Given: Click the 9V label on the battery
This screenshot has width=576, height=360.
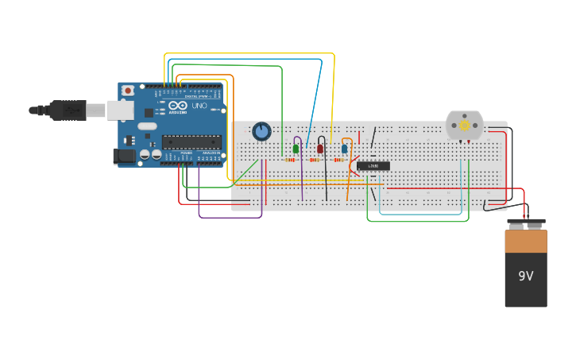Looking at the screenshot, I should (x=525, y=277).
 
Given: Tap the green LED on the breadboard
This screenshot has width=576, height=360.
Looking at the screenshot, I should (x=296, y=149).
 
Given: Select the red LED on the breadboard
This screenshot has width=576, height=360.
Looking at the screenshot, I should (x=320, y=149).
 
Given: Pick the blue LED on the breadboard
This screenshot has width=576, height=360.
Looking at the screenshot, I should (x=344, y=149).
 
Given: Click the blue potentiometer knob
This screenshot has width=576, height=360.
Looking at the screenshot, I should (x=261, y=131).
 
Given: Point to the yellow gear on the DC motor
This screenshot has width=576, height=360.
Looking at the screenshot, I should (x=465, y=126).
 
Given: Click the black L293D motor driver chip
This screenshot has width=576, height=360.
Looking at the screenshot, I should (x=373, y=166).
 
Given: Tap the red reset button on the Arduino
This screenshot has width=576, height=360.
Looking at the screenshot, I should (x=127, y=91).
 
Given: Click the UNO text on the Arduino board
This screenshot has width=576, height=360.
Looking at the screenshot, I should (x=199, y=106).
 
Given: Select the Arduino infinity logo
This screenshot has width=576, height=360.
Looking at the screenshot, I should (x=178, y=106).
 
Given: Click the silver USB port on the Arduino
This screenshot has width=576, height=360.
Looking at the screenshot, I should (x=120, y=110).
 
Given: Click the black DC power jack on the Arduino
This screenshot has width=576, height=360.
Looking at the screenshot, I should (x=125, y=156).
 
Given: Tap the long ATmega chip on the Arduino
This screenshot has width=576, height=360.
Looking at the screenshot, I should (x=191, y=141).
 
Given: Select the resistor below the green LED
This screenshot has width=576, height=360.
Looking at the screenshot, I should (x=290, y=160).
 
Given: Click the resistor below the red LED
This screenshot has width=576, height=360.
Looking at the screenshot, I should (x=315, y=160).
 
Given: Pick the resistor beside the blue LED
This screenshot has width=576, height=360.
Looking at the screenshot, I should (x=338, y=160).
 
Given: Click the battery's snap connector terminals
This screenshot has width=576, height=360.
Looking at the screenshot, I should (x=526, y=223).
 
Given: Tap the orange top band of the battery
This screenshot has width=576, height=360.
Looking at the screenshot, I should (x=526, y=242).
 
